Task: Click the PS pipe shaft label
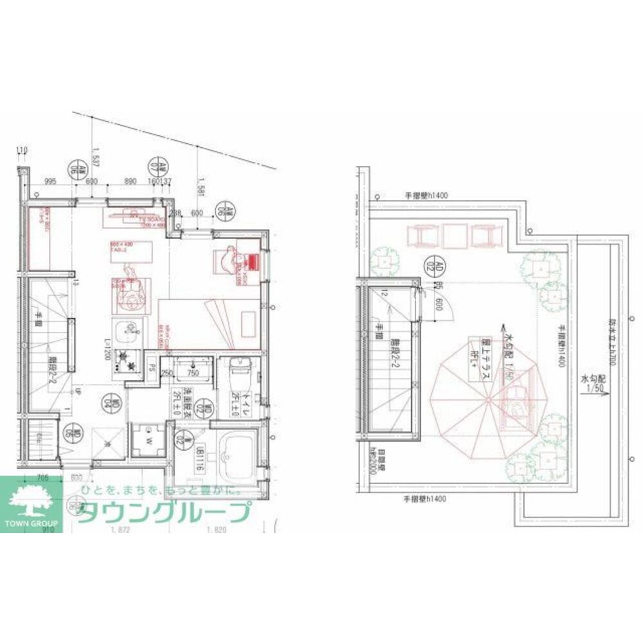tap(152, 369)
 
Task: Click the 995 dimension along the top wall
tap(52, 182)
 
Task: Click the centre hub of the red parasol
tap(490, 400)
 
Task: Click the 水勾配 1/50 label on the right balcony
tap(593, 386)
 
